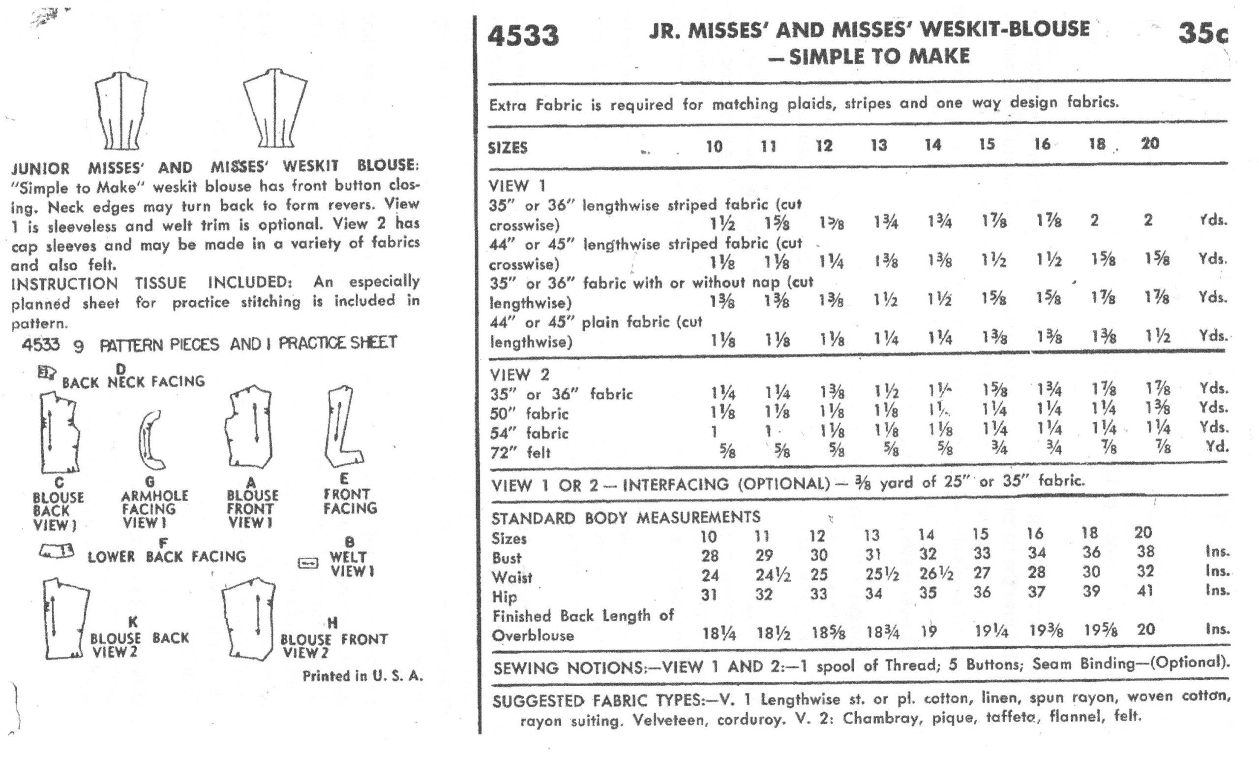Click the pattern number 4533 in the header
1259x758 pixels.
coord(523,36)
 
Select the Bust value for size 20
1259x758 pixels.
coord(1146,552)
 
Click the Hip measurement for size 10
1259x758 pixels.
coord(709,595)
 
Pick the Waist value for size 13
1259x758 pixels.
coord(881,574)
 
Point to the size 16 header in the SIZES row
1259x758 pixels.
coord(1042,145)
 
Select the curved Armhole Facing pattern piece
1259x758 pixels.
coord(150,439)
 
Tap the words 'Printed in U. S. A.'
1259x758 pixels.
coord(362,676)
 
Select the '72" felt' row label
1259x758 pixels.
coord(520,452)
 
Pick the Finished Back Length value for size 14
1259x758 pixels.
coord(929,632)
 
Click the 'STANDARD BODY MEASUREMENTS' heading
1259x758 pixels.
coord(625,518)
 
